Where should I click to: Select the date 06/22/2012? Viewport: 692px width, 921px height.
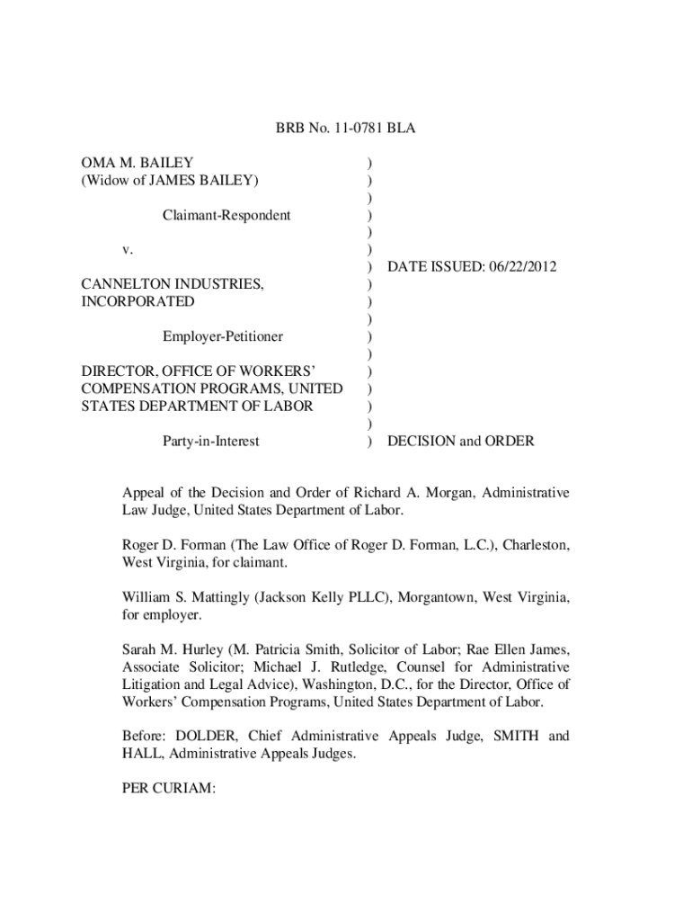tap(520, 267)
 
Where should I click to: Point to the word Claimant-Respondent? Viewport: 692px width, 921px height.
tap(226, 215)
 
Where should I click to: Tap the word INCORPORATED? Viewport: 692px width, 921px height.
tap(138, 301)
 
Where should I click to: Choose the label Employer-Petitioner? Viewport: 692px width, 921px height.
tap(222, 336)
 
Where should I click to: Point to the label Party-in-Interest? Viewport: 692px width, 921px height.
tap(210, 441)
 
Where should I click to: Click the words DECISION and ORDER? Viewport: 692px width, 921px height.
tap(460, 441)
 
